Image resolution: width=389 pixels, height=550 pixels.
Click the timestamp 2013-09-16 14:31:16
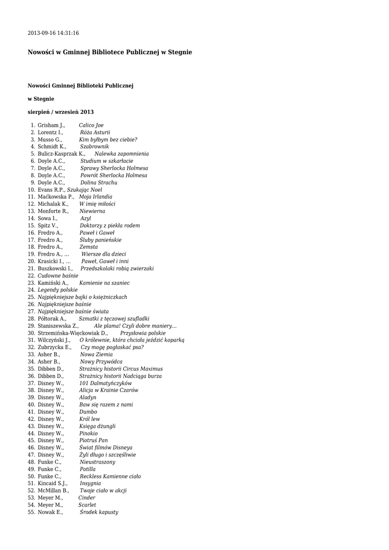tap(53, 33)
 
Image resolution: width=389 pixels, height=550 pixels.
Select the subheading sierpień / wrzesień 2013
tap(61, 112)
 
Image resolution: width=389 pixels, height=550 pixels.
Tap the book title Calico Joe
tap(91, 125)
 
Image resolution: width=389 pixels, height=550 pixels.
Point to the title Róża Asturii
tap(95, 132)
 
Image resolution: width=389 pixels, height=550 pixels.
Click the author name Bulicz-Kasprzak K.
tap(61, 154)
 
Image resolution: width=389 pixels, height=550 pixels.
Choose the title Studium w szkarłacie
tap(107, 161)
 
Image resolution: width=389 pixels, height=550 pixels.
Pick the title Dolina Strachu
tap(99, 182)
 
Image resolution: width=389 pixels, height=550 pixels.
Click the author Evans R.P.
tap(52, 190)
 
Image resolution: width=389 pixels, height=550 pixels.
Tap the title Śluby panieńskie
tap(100, 240)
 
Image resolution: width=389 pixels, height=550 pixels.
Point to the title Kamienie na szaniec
tap(104, 283)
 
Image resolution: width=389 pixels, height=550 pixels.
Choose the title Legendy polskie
tap(57, 290)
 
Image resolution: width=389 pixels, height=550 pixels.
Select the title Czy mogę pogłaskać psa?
tap(112, 347)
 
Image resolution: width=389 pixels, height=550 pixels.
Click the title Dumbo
tap(88, 412)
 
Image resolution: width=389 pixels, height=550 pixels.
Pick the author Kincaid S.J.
tap(53, 483)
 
